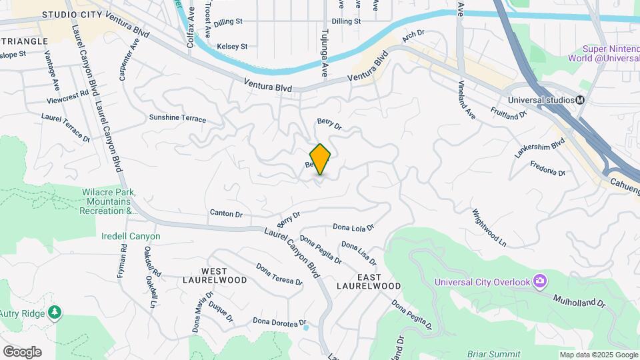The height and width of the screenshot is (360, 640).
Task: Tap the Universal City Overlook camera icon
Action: (539, 281)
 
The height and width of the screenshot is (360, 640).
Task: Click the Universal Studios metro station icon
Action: (580, 100)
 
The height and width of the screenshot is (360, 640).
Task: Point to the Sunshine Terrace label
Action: (177, 118)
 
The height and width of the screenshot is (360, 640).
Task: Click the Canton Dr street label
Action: (226, 214)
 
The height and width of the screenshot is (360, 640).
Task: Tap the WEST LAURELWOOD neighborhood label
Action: (205, 276)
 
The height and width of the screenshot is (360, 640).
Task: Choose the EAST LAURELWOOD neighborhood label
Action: (369, 281)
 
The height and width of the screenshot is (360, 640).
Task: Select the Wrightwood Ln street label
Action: (489, 227)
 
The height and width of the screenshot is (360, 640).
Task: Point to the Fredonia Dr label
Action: (547, 168)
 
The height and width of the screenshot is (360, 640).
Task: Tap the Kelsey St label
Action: (233, 47)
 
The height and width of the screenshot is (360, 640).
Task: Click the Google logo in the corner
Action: (22, 351)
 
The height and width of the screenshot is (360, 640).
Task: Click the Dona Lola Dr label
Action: (353, 227)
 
